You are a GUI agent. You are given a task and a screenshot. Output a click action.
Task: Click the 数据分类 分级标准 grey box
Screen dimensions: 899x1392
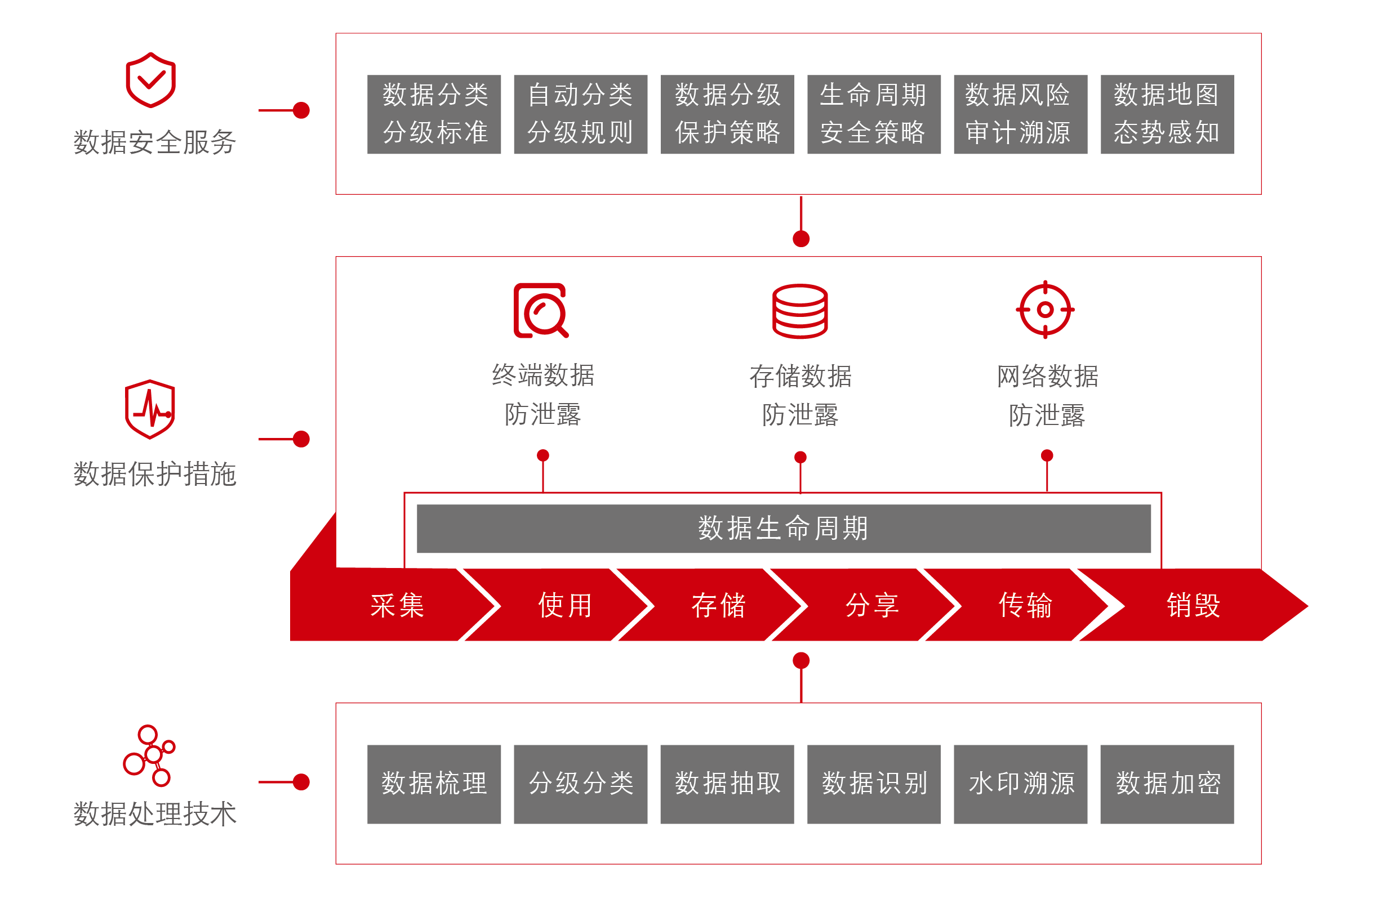pos(433,114)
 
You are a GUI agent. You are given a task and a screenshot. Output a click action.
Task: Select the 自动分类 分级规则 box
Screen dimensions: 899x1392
pos(580,114)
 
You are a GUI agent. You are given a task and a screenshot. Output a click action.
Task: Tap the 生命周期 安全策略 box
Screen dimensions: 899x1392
pos(873,114)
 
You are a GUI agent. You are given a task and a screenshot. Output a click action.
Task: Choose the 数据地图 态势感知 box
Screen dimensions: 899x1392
pos(1167,114)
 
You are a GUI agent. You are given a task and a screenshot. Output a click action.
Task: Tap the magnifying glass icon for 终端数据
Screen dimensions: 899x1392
pos(540,311)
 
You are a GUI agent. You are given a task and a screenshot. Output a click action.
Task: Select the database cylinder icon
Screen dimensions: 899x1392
pos(800,311)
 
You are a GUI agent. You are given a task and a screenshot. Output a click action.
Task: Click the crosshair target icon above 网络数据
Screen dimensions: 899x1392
pos(1045,310)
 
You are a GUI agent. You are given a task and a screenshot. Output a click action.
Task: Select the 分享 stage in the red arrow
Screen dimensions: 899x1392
pos(871,605)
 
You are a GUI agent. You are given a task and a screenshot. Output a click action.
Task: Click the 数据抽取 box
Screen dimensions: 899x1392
pos(727,784)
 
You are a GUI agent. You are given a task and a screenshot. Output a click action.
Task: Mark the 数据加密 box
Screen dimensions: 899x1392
pos(1167,784)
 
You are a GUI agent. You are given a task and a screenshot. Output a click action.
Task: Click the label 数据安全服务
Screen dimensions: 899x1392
pos(154,142)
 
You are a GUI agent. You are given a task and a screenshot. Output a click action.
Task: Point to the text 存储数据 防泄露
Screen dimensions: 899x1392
pos(800,395)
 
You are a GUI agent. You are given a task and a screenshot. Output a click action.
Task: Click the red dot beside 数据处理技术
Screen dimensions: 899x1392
pos(301,782)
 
